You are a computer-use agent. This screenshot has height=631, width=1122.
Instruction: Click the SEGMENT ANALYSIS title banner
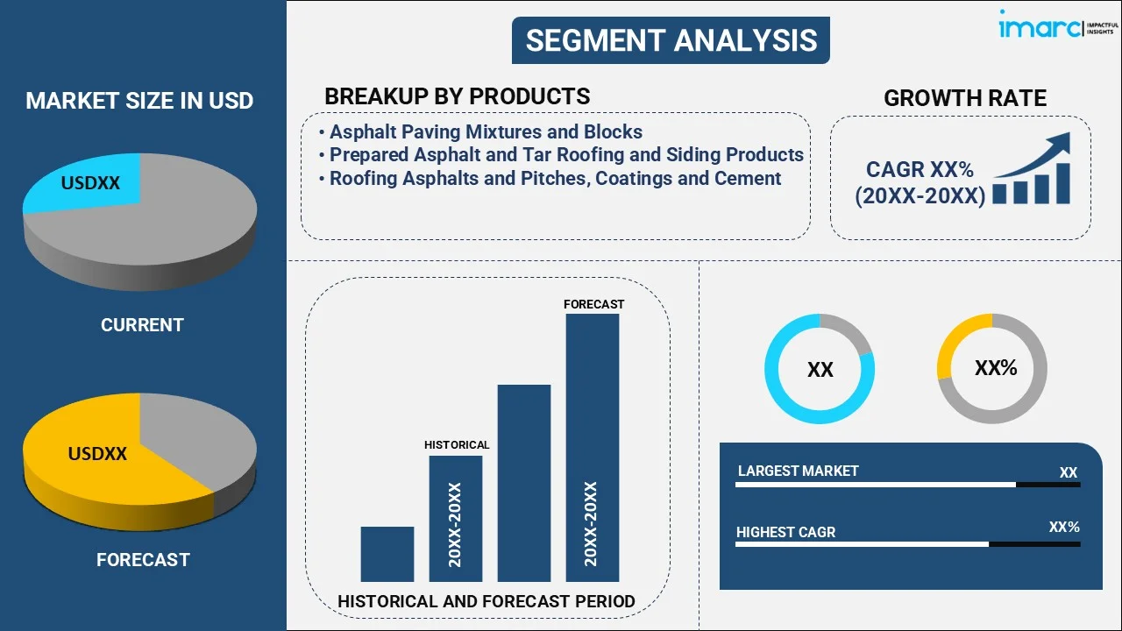[x=671, y=40]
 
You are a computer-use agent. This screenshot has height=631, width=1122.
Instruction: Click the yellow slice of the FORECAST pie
[x=96, y=456]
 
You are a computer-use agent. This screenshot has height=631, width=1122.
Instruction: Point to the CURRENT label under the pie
[x=142, y=325]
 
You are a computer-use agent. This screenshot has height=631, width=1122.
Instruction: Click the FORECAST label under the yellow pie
[x=143, y=559]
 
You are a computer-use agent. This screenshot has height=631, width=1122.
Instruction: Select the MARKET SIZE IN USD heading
[x=139, y=101]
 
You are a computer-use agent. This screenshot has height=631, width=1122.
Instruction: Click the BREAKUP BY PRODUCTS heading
[x=457, y=96]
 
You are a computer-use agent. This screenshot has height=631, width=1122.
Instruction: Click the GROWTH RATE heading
[x=964, y=98]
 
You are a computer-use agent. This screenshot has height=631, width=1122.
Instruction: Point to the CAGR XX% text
[x=920, y=170]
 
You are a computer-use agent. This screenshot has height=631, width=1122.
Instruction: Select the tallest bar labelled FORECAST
[x=593, y=447]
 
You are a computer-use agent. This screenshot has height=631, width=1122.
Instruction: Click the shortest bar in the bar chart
[x=387, y=554]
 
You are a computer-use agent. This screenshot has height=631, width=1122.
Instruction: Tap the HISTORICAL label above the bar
[x=457, y=445]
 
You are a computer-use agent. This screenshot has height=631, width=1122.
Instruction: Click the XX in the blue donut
[x=820, y=370]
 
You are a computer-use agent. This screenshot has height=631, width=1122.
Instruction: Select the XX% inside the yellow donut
[x=996, y=368]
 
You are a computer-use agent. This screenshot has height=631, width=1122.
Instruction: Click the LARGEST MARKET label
[x=798, y=471]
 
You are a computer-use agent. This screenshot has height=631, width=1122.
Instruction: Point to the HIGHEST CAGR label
[x=785, y=532]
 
